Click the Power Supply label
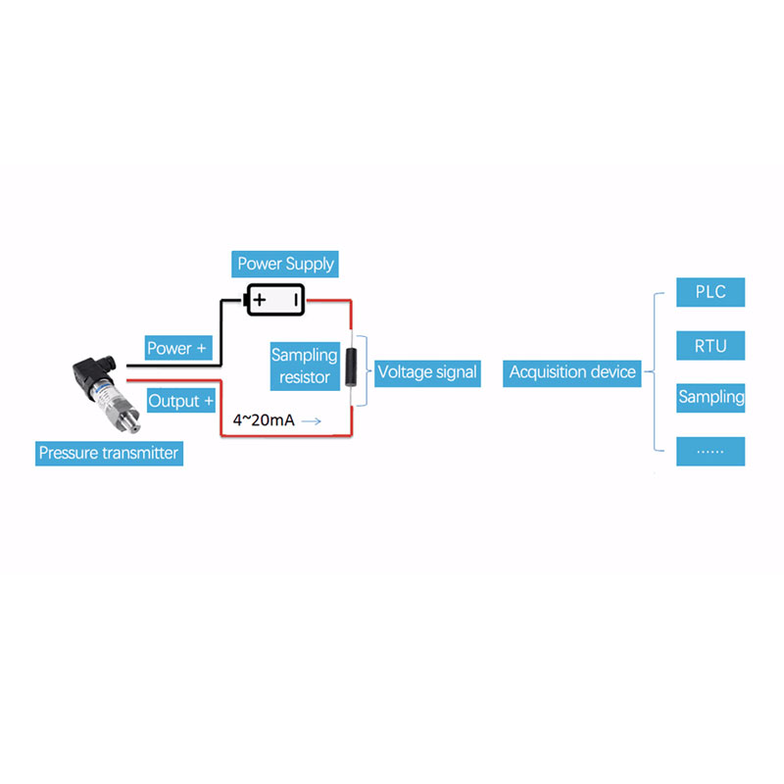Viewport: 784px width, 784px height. pos(285,264)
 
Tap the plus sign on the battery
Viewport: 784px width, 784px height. pos(260,300)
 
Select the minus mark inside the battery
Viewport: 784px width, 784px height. pos(296,300)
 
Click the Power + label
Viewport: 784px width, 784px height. pos(178,348)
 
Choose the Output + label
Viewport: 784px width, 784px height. pos(181,401)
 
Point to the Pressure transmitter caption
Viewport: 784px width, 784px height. pos(109,453)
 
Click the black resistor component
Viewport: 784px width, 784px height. pos(351,367)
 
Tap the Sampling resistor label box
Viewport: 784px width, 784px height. pos(305,366)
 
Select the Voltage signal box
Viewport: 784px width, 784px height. pos(427,373)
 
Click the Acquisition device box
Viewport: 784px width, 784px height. pos(572,373)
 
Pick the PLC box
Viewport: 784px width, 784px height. pos(710,292)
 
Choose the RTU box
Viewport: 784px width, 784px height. pos(710,346)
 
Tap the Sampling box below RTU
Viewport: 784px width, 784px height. pos(710,398)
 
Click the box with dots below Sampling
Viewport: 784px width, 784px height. pos(710,452)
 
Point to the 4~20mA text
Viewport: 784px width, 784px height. pos(264,420)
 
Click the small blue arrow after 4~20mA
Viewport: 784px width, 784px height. pos(311,421)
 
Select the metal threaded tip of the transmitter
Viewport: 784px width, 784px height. pos(131,421)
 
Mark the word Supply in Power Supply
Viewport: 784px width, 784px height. pos(310,265)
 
